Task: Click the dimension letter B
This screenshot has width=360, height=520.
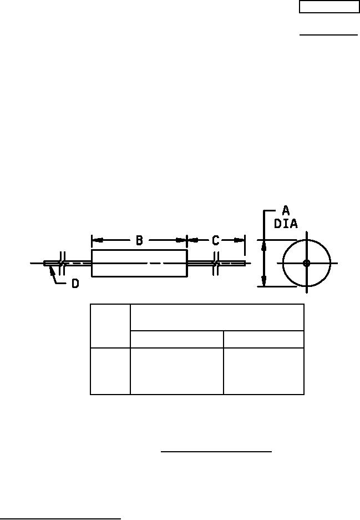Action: [139, 240]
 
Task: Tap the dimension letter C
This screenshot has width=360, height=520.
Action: [215, 240]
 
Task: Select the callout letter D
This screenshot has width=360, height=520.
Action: [75, 284]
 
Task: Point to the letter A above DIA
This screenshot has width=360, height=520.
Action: [286, 210]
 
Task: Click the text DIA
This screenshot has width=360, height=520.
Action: [286, 224]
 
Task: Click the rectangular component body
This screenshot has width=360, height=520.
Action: [140, 263]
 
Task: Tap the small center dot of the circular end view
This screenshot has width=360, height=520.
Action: [307, 263]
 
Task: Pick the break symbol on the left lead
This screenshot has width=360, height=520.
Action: [62, 263]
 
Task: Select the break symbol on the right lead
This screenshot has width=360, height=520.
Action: [216, 263]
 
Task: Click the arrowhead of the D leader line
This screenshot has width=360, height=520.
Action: [52, 270]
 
